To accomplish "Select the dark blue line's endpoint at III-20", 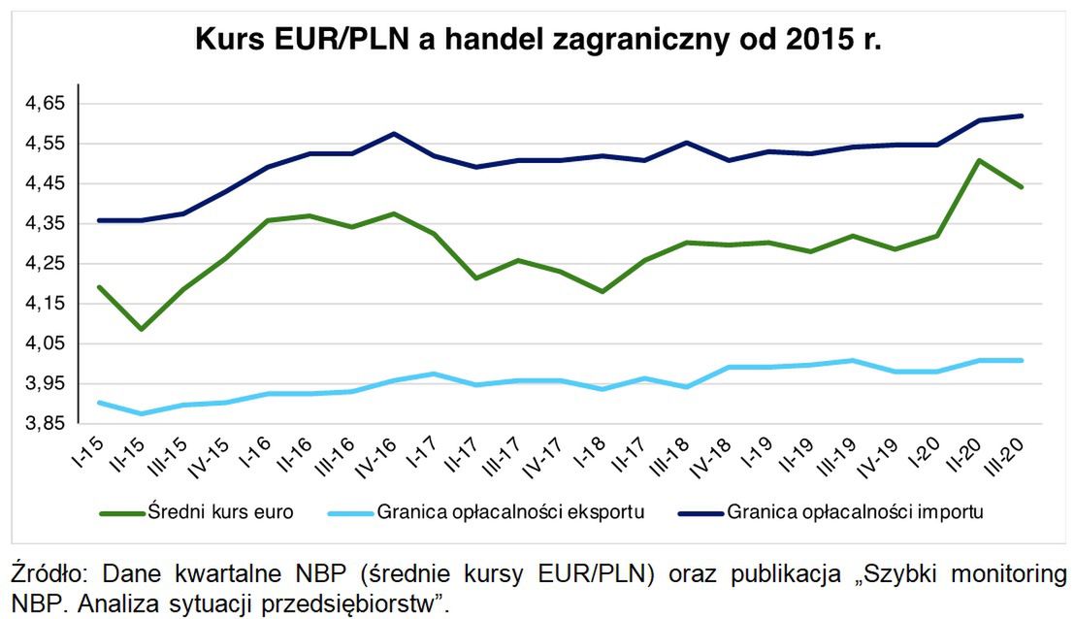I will [1022, 116].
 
